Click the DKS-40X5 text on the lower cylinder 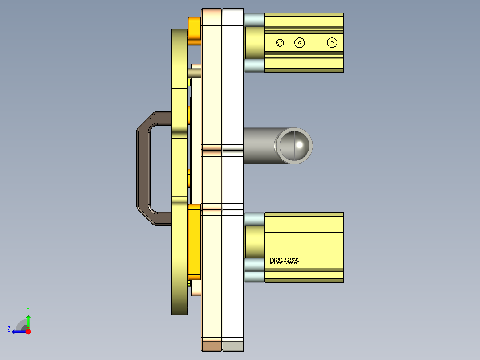pyautogui.click(x=284, y=261)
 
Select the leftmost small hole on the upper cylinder pyautogui.click(x=280, y=43)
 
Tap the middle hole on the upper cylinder pyautogui.click(x=300, y=43)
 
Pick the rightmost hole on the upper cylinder pyautogui.click(x=331, y=43)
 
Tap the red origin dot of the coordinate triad pyautogui.click(x=28, y=331)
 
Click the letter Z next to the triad pyautogui.click(x=9, y=329)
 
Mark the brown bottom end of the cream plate pyautogui.click(x=212, y=345)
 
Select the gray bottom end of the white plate pyautogui.click(x=233, y=345)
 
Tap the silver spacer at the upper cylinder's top pyautogui.click(x=254, y=19)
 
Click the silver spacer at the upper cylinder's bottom pyautogui.click(x=254, y=65)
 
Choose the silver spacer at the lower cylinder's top pyautogui.click(x=254, y=219)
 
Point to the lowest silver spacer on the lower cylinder pyautogui.click(x=254, y=276)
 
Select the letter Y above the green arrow pyautogui.click(x=28, y=309)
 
